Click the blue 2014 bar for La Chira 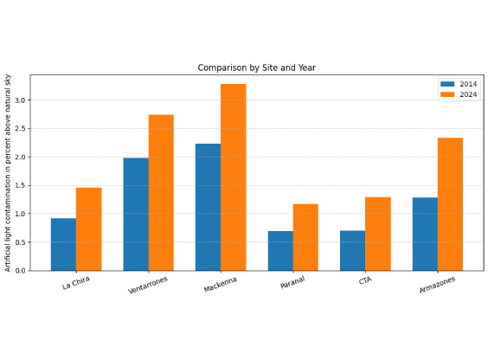pyautogui.click(x=63, y=245)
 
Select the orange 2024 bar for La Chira pyautogui.click(x=89, y=229)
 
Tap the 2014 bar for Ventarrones pyautogui.click(x=136, y=215)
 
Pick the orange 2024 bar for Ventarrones pyautogui.click(x=161, y=193)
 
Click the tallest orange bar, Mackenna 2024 pyautogui.click(x=234, y=177)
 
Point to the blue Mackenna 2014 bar pyautogui.click(x=209, y=207)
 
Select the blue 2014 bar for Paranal pyautogui.click(x=280, y=251)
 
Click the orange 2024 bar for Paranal pyautogui.click(x=305, y=237)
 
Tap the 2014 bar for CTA pyautogui.click(x=353, y=251)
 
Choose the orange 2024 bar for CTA pyautogui.click(x=378, y=234)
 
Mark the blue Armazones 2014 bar pyautogui.click(x=425, y=235)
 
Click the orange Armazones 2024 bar pyautogui.click(x=450, y=204)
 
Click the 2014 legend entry pyautogui.click(x=459, y=84)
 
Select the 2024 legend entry pyautogui.click(x=459, y=94)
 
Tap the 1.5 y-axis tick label pyautogui.click(x=20, y=185)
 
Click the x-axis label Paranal pyautogui.click(x=292, y=282)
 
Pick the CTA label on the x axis pyautogui.click(x=365, y=280)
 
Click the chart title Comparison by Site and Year pyautogui.click(x=257, y=67)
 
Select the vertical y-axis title pyautogui.click(x=8, y=173)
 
